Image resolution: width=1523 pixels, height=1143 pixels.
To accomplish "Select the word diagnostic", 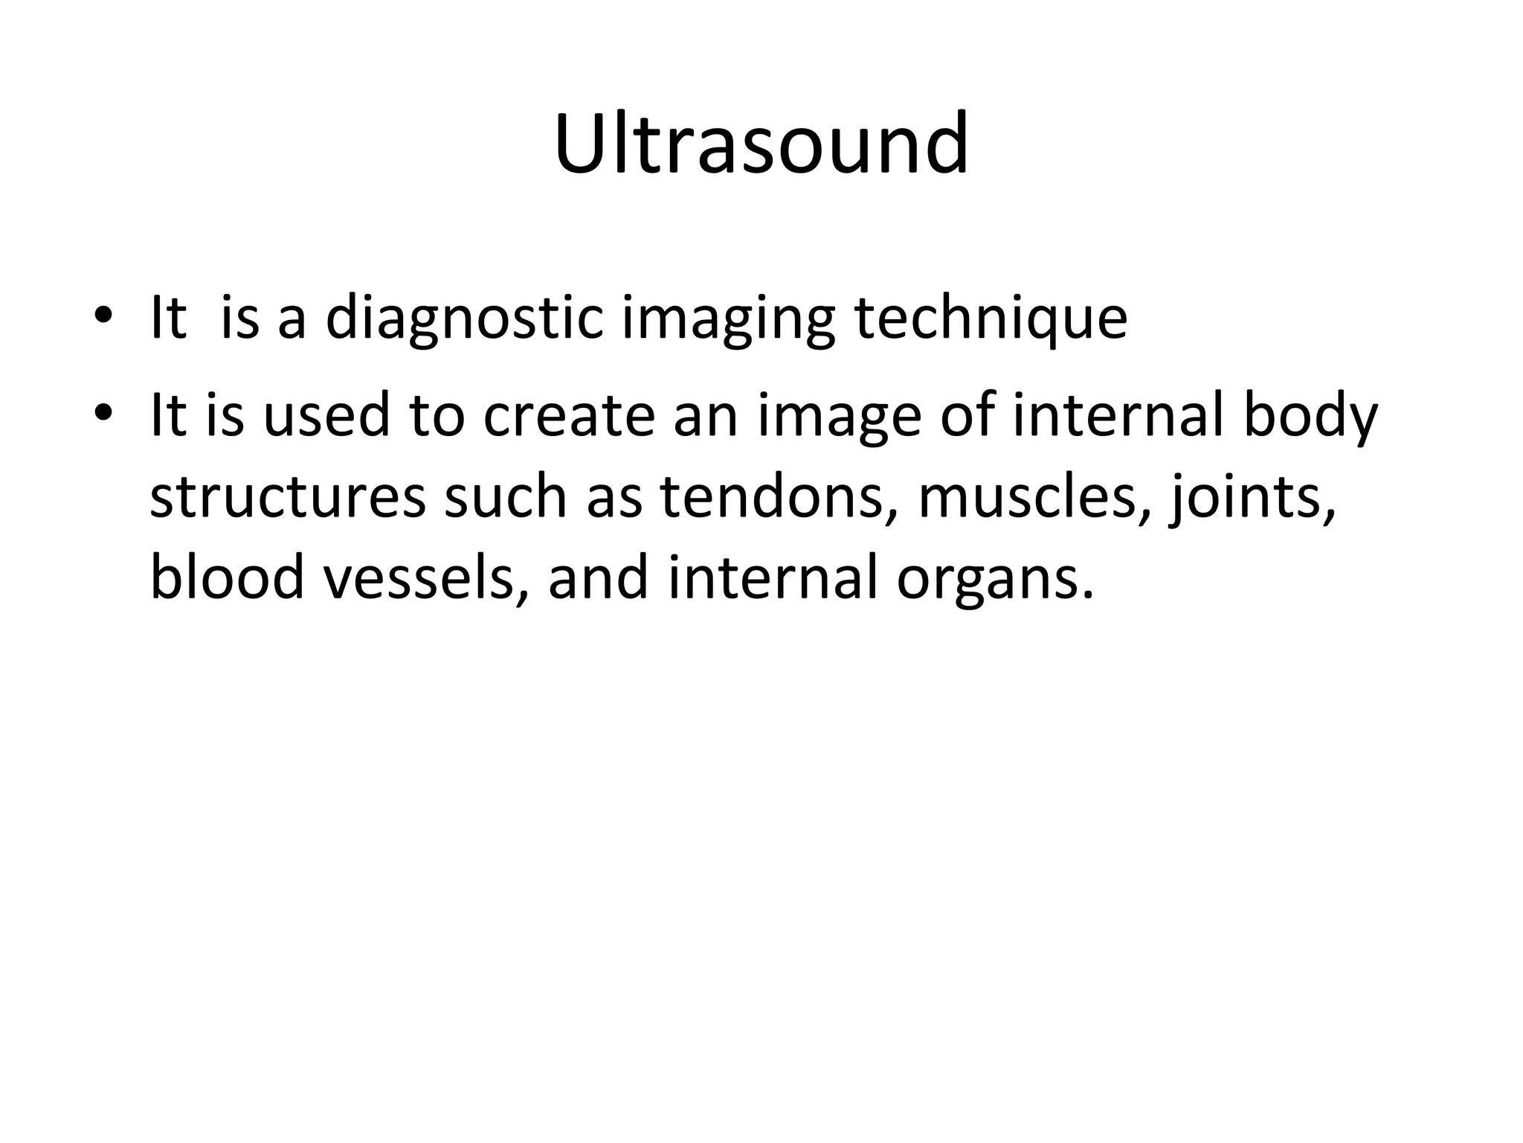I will click(x=464, y=318).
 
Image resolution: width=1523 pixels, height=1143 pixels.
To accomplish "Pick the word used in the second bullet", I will click(x=326, y=415).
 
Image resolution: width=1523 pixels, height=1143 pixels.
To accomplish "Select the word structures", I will click(x=288, y=497).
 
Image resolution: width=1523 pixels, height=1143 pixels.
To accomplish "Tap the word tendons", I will click(x=779, y=497).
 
